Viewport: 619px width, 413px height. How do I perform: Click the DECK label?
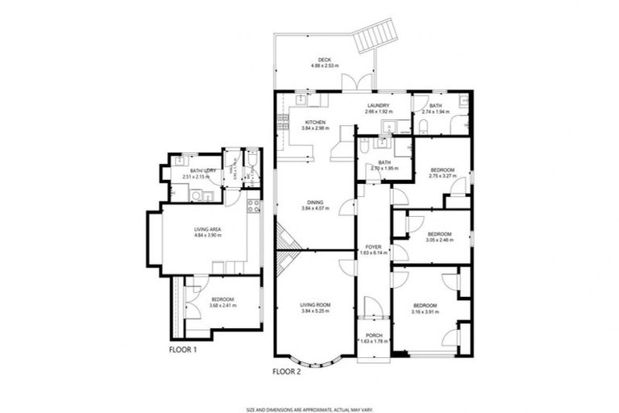click(325, 60)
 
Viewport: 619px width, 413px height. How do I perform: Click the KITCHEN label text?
click(314, 122)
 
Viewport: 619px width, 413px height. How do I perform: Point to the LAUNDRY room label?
click(378, 106)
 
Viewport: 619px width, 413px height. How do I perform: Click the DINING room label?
click(314, 202)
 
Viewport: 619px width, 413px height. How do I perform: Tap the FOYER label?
click(373, 247)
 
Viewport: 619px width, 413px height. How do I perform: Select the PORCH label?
click(373, 336)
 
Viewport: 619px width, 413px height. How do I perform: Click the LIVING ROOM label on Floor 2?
click(315, 304)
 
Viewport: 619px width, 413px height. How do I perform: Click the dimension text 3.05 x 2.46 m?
click(439, 240)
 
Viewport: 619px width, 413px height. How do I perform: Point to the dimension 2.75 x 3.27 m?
click(442, 175)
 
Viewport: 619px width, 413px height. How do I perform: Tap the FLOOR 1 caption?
click(182, 350)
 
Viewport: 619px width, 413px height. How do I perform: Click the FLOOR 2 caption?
click(287, 372)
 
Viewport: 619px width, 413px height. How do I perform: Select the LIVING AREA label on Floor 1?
click(207, 229)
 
